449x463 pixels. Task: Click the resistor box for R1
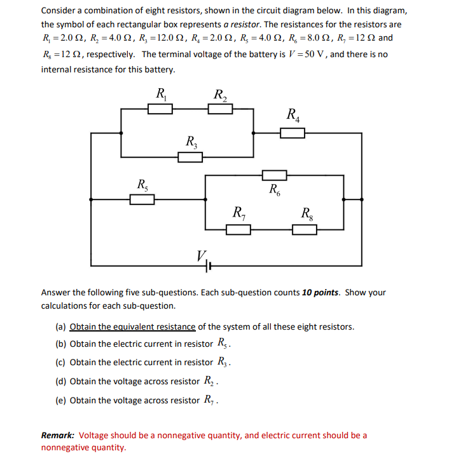[160, 109]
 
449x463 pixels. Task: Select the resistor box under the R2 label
[220, 109]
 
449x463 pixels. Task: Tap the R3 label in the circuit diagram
[191, 142]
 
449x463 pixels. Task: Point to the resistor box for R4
[293, 133]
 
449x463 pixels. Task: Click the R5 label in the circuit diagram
[143, 185]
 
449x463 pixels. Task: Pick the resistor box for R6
[275, 175]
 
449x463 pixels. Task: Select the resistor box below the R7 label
[238, 229]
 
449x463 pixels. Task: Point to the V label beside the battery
[201, 257]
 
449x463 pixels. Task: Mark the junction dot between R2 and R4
[254, 133]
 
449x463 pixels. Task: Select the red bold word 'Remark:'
[58, 436]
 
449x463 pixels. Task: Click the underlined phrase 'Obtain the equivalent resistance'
[132, 326]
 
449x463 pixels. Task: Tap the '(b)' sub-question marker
[61, 344]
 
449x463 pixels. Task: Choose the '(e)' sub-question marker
[61, 400]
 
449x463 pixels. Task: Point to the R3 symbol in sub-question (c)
[222, 363]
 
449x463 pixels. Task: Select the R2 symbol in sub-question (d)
[209, 382]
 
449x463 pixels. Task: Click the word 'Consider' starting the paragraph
[59, 11]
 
